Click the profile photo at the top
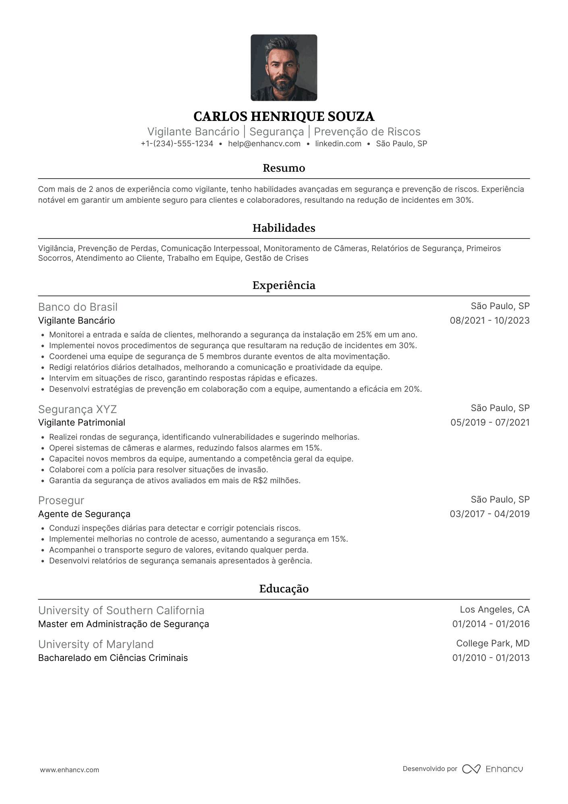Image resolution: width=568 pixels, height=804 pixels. [284, 68]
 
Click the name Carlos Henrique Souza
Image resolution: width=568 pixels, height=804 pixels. [284, 116]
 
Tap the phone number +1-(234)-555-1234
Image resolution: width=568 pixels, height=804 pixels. [177, 144]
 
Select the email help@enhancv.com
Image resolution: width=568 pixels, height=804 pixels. [264, 144]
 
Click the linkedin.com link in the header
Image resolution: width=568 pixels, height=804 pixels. [338, 144]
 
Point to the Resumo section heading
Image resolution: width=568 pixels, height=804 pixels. [284, 168]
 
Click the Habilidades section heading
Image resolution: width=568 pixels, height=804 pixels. [284, 228]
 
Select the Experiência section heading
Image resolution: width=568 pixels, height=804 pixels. [284, 285]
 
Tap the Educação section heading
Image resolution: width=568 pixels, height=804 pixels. [284, 589]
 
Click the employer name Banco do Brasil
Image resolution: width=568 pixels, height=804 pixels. [78, 307]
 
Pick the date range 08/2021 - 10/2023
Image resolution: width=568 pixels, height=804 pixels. [489, 321]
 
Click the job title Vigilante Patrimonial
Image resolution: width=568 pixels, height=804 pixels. [81, 423]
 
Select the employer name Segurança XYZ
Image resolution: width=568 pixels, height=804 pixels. [77, 409]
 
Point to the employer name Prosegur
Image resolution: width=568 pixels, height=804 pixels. [61, 501]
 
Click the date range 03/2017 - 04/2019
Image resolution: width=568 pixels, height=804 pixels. [489, 514]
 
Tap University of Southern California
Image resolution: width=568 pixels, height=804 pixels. [121, 611]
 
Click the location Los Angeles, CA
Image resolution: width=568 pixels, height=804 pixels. [495, 610]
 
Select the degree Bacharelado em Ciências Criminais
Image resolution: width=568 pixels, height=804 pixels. [113, 658]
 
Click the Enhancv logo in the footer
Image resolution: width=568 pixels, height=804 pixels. [492, 769]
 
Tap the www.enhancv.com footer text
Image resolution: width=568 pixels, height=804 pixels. [69, 770]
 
